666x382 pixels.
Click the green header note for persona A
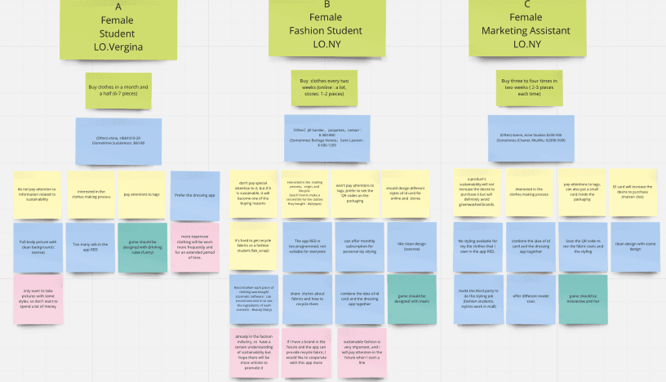(118, 29)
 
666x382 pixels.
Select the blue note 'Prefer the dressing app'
(195, 195)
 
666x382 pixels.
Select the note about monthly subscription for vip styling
(359, 246)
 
